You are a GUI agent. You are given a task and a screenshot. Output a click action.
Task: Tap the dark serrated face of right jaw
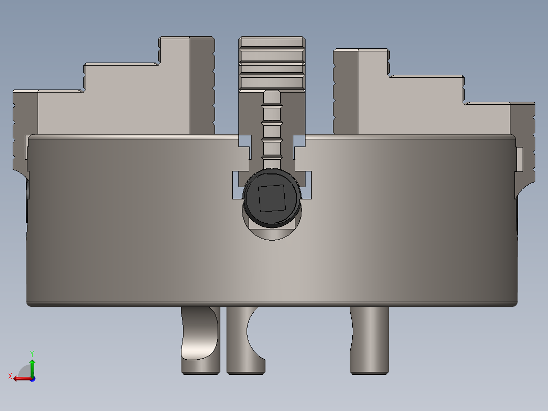pos(346,92)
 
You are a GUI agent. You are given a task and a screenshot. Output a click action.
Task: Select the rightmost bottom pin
pos(370,341)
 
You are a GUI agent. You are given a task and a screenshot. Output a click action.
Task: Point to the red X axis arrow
pos(20,378)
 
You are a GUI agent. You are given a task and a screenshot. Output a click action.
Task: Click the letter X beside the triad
pos(10,376)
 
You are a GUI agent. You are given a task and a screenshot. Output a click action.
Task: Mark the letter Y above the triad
pos(32,353)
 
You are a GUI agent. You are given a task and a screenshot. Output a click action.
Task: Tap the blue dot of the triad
pos(32,378)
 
